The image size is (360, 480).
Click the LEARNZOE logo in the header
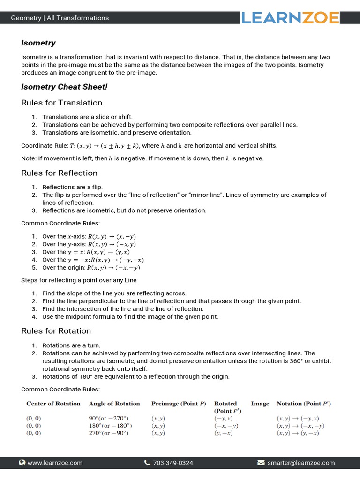[x=291, y=18]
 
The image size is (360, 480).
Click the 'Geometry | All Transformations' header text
[x=60, y=18]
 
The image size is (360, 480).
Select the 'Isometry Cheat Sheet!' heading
[x=64, y=87]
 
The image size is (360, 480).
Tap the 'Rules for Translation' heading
[x=61, y=103]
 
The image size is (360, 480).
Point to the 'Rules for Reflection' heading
[x=59, y=173]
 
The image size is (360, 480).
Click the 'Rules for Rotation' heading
[x=56, y=331]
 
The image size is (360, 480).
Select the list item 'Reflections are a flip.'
[x=73, y=187]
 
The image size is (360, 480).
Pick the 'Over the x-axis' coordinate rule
[x=89, y=237]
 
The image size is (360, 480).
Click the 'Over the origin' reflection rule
[x=91, y=268]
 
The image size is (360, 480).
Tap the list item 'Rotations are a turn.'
[x=71, y=345]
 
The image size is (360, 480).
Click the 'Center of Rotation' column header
[x=53, y=404]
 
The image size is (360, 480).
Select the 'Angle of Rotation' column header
[x=114, y=404]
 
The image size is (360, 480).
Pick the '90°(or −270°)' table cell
[x=108, y=418]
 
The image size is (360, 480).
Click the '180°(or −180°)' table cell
[x=110, y=426]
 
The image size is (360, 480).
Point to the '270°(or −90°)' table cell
[x=108, y=433]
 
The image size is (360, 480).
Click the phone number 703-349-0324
[x=172, y=463]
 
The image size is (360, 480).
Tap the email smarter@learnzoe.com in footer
[x=301, y=463]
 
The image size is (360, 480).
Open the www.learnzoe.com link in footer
[x=55, y=463]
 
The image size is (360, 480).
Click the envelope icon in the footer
[x=261, y=463]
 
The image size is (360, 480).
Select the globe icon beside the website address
[x=22, y=463]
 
